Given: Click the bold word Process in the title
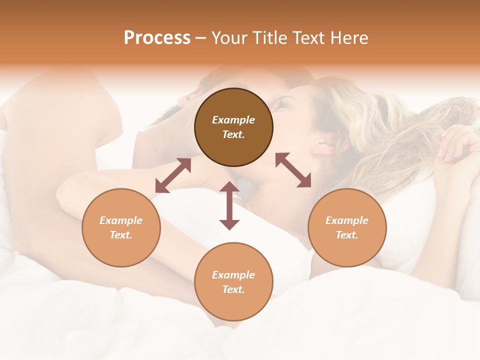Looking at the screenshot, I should click(x=157, y=38).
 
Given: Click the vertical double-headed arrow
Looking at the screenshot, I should click(x=229, y=205).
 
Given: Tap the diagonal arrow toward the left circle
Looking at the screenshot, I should click(x=173, y=175).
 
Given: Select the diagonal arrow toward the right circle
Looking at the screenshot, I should click(x=293, y=170).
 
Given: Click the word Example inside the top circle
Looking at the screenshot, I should click(x=233, y=120).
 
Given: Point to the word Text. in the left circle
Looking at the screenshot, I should click(x=121, y=235).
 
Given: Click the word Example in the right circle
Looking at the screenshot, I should click(x=347, y=220).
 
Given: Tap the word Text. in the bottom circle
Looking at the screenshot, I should click(x=233, y=289).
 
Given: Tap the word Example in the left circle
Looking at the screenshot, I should click(x=121, y=220).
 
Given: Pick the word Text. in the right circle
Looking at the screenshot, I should click(x=347, y=235).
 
